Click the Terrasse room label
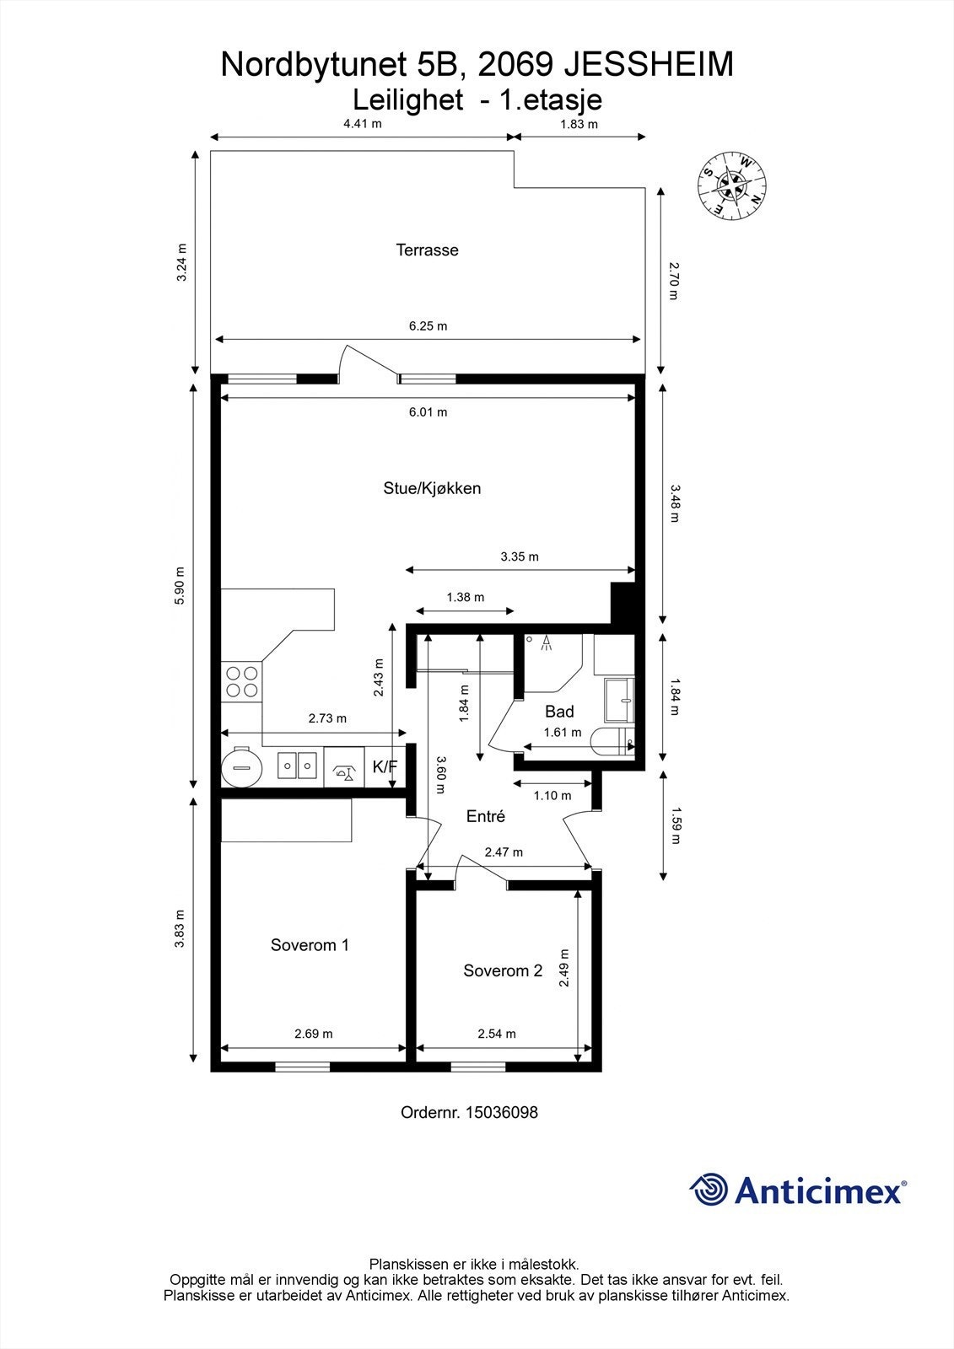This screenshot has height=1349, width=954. point(427,250)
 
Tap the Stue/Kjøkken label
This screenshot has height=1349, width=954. point(432,488)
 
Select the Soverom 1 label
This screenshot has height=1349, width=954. point(310,945)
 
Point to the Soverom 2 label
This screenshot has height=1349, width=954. point(503,970)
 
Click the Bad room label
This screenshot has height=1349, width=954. point(559,712)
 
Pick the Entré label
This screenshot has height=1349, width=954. point(486,816)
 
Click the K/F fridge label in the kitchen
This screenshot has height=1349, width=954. point(385,766)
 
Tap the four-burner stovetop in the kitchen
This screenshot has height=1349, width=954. point(242,681)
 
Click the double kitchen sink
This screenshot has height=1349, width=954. point(298,766)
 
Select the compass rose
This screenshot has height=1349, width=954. point(732,185)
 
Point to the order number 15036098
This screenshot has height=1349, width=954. point(501,1112)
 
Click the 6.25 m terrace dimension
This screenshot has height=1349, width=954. point(428,326)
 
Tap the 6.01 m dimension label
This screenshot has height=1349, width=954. point(428,412)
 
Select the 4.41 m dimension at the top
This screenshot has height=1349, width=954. point(362,124)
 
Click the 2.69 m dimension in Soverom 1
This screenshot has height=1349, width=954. point(314,1034)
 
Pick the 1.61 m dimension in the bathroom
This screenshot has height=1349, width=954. point(563,733)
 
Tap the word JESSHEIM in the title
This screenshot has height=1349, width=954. point(649,65)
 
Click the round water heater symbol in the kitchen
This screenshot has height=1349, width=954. point(242,768)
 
